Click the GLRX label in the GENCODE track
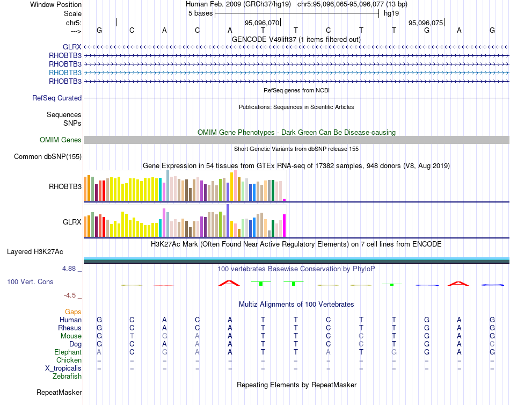pos(72,47)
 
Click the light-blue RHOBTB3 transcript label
pos(65,73)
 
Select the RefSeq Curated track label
pos(57,98)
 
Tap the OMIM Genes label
pos(61,140)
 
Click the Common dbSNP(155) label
pos(48,157)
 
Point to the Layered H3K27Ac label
pos(35,251)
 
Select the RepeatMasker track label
pos(59,393)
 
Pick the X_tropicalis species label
pos(63,368)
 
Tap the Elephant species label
pos(68,352)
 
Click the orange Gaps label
pos(73,312)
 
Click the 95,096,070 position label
pos(262,23)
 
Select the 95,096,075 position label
pos(426,23)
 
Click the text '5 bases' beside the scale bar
pos(200,13)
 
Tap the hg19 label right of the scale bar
pos(391,13)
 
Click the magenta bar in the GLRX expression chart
pos(285,226)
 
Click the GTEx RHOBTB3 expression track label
pos(65,187)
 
